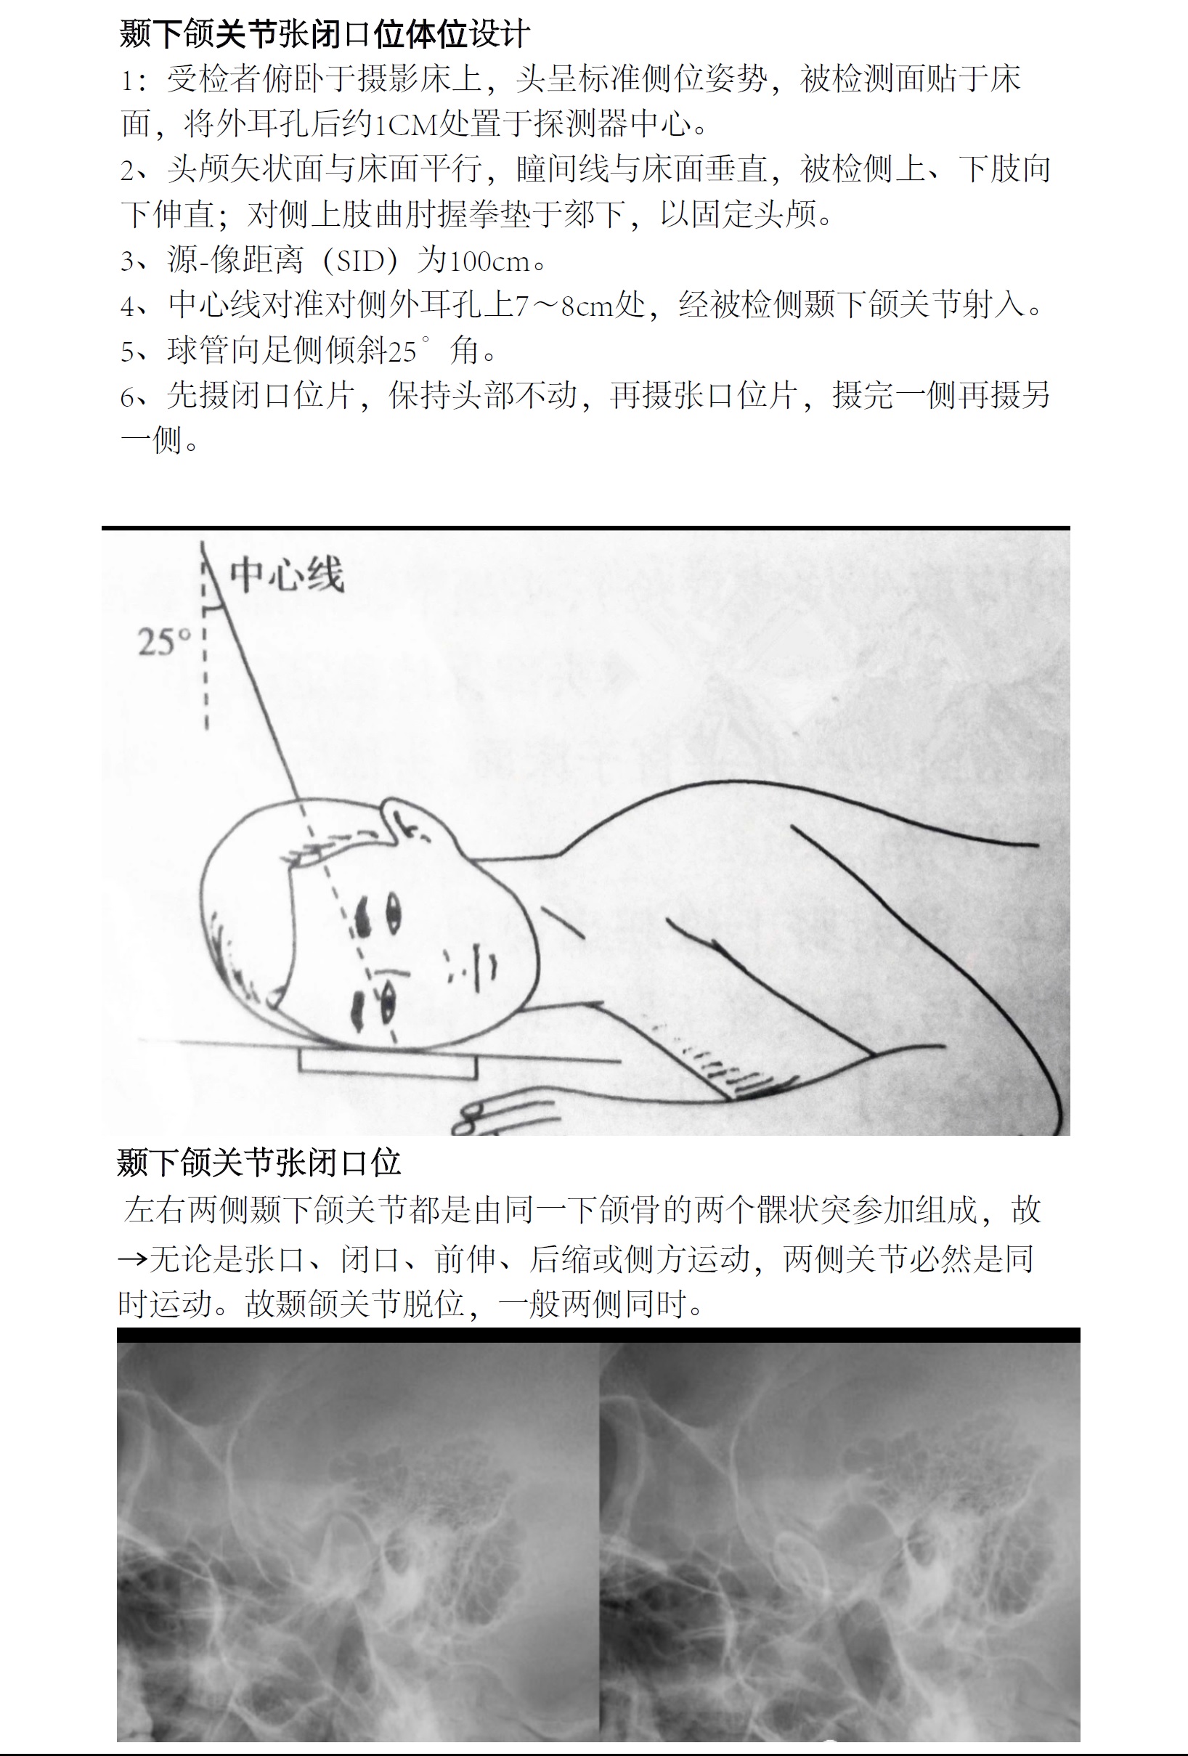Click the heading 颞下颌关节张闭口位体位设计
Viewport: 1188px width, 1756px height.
(325, 34)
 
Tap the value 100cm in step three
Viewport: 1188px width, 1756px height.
(489, 261)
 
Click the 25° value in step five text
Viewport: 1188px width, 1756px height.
(409, 351)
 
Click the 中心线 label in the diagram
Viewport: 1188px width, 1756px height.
(286, 575)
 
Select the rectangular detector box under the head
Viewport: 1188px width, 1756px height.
(388, 1064)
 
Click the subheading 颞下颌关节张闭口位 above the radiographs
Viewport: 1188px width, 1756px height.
(259, 1163)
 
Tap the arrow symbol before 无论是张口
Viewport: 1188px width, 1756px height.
(133, 1259)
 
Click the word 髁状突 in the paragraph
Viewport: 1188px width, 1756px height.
(805, 1210)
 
